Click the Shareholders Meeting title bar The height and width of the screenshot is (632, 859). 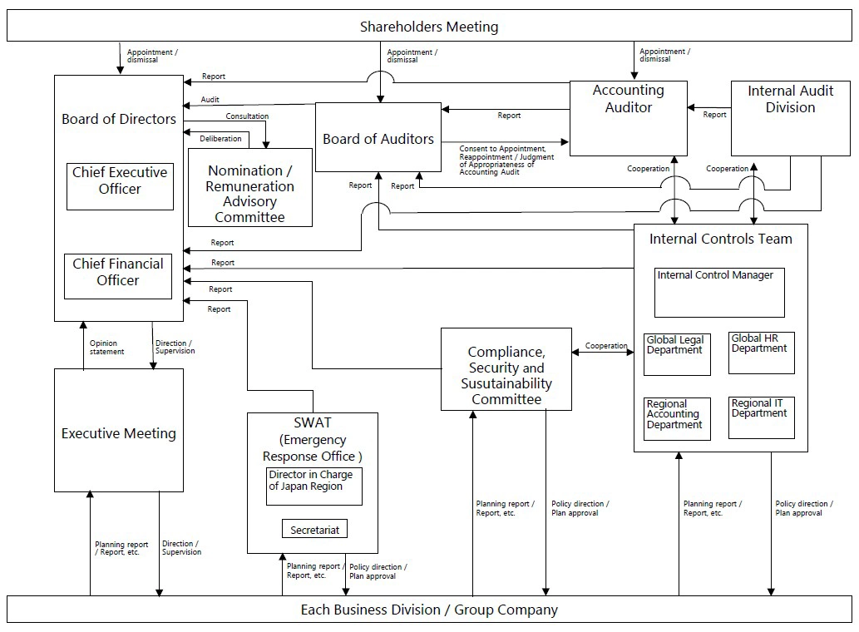tap(429, 27)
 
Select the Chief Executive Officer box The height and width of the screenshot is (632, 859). tap(120, 186)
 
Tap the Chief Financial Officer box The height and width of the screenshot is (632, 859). tap(118, 276)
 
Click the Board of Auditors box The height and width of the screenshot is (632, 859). tap(378, 139)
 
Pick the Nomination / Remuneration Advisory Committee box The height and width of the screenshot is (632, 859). tap(250, 195)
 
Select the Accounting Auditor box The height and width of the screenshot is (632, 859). tap(628, 117)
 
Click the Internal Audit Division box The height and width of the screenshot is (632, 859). tap(790, 118)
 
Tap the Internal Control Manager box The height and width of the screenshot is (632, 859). tap(719, 292)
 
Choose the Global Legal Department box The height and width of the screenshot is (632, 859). tap(677, 353)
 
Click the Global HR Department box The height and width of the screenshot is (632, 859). tap(761, 353)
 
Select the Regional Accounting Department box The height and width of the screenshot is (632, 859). tap(677, 417)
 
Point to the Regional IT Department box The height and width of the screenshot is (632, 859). tap(761, 417)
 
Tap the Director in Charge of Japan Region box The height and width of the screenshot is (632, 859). tap(314, 486)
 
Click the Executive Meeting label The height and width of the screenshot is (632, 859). tap(119, 433)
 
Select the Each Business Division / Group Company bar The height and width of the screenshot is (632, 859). tap(429, 610)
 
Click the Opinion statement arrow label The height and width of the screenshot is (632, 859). tap(106, 347)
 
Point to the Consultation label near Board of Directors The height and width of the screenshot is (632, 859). tap(247, 116)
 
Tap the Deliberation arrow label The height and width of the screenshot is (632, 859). tap(220, 138)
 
